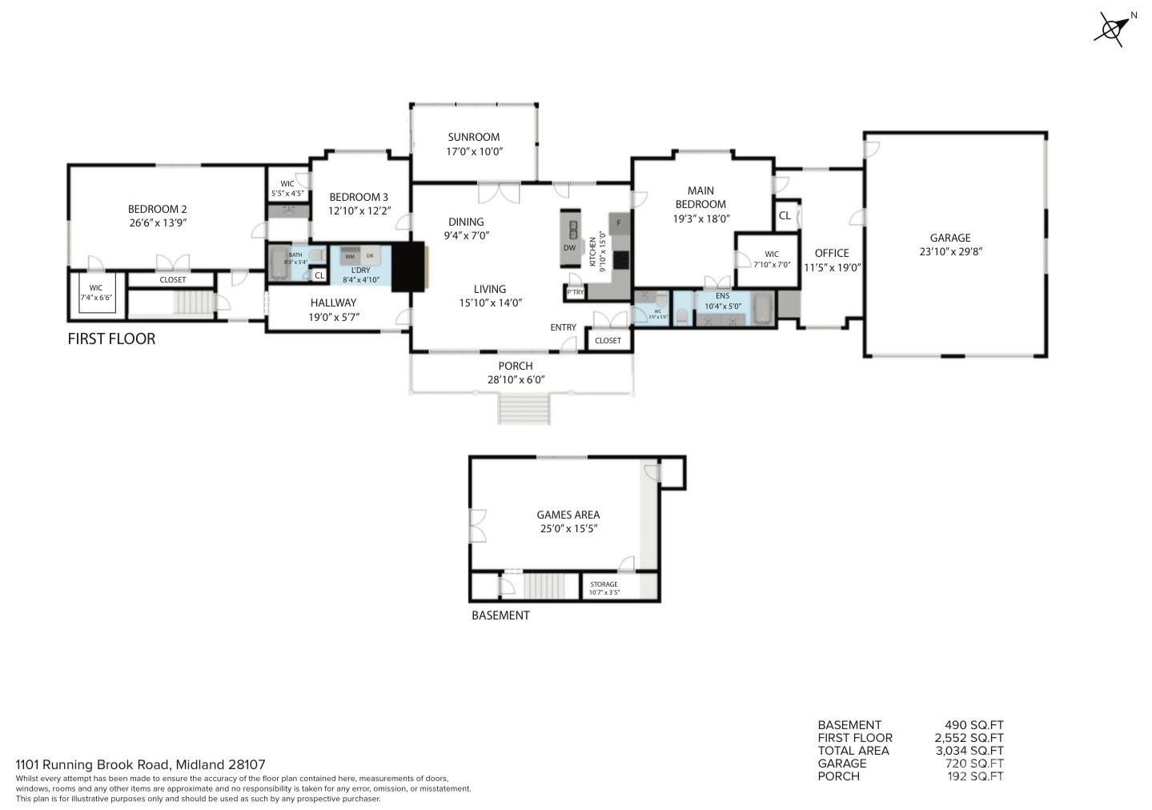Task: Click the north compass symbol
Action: point(1112,30)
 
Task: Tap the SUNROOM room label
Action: point(473,137)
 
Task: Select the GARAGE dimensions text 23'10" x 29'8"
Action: point(950,251)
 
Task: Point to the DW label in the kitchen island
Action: point(569,247)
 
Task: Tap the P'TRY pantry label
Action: point(575,293)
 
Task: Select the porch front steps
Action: point(524,409)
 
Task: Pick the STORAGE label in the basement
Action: point(604,584)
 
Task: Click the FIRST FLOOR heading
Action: point(111,339)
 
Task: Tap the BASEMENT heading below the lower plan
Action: point(500,616)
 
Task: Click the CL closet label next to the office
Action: point(785,215)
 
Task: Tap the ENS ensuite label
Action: point(722,295)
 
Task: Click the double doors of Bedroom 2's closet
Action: point(172,263)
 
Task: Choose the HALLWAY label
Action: point(333,303)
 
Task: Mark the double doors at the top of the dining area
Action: point(499,192)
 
